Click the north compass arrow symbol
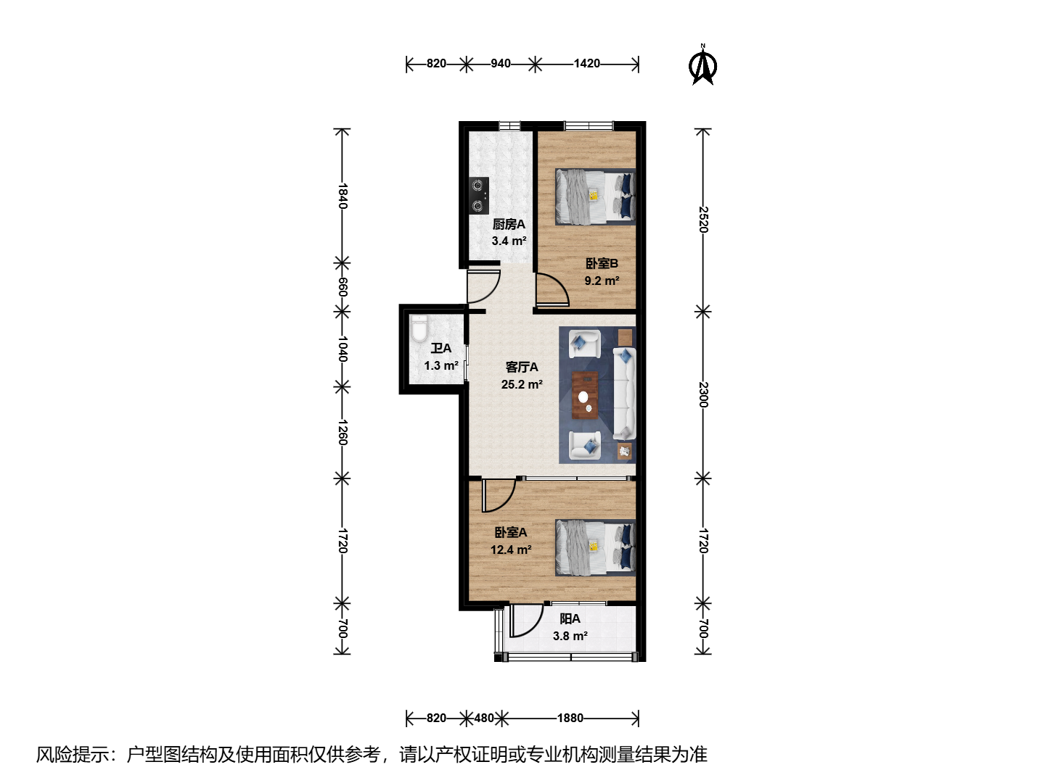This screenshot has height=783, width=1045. [702, 65]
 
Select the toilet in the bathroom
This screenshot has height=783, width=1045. [419, 328]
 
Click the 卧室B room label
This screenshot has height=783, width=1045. [602, 263]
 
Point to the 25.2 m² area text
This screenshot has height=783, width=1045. [522, 384]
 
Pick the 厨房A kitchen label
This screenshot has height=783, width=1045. [509, 224]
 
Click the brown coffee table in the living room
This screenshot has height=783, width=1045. [585, 396]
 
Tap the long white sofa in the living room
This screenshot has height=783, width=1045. [624, 394]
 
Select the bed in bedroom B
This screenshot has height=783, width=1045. [596, 196]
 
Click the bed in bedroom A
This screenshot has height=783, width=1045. [596, 547]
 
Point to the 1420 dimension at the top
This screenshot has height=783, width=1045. [586, 63]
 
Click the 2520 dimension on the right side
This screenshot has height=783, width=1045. [703, 219]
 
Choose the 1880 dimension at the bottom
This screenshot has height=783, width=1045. [570, 718]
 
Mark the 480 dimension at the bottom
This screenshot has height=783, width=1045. [484, 718]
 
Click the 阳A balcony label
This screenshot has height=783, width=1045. [570, 618]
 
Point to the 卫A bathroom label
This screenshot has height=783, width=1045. [440, 349]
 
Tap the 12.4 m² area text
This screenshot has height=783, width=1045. [511, 550]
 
